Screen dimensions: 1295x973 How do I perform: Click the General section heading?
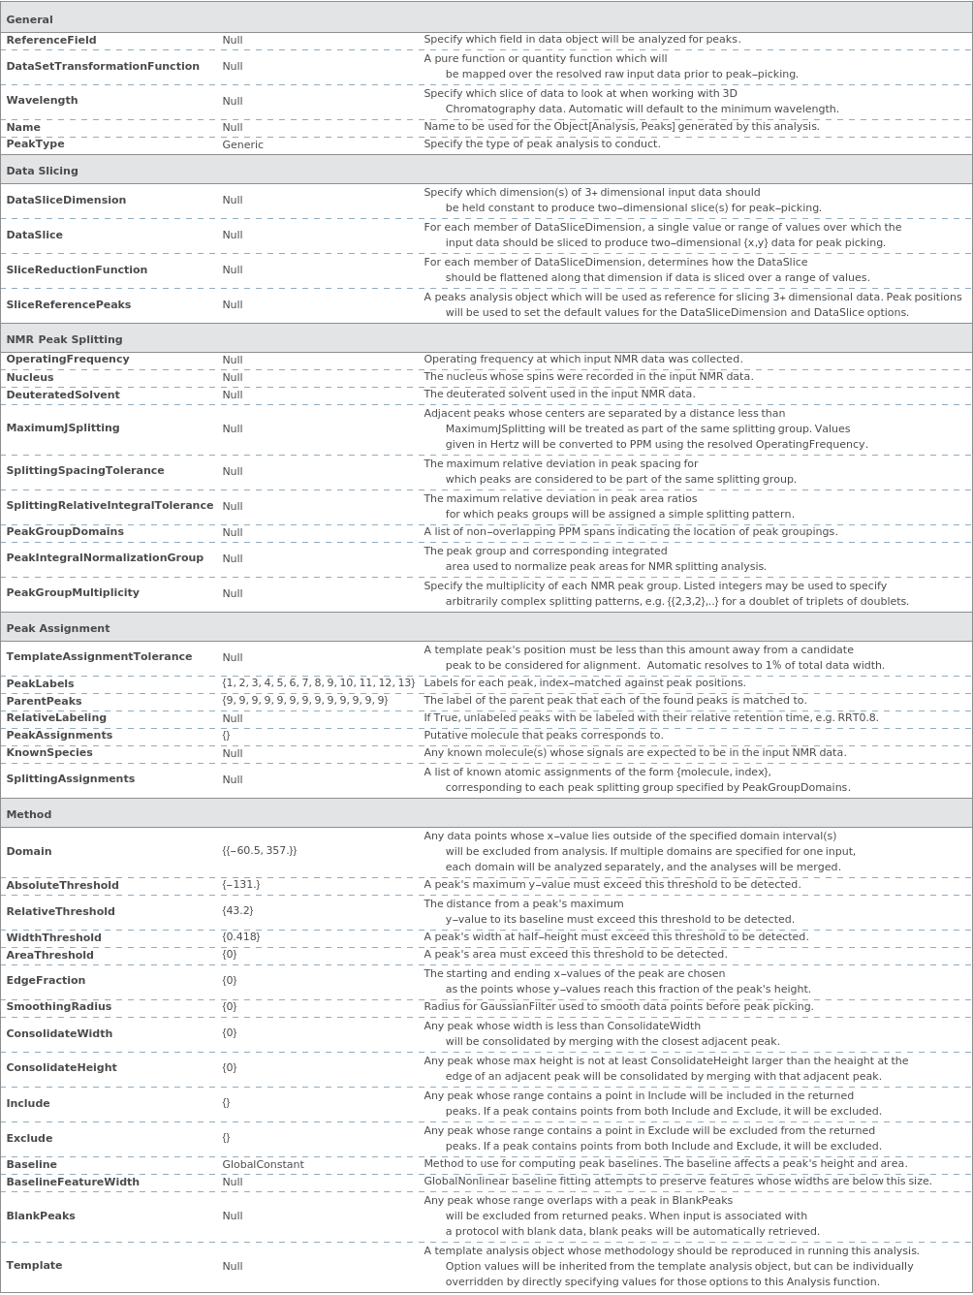click(x=30, y=19)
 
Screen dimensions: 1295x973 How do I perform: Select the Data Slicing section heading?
click(x=43, y=171)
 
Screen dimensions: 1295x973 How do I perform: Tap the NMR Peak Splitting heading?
click(x=65, y=339)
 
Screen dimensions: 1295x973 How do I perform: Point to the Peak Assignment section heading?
click(x=58, y=628)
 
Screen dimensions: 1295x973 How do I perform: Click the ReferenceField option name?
click(x=51, y=41)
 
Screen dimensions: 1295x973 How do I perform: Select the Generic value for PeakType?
click(x=242, y=144)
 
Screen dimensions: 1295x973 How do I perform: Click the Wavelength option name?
click(x=42, y=101)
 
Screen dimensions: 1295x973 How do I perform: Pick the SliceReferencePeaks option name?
click(x=69, y=304)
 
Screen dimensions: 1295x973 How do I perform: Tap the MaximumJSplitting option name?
click(x=63, y=428)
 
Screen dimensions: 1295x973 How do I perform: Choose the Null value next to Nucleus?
click(x=233, y=378)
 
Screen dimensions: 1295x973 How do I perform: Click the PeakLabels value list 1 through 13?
click(x=318, y=683)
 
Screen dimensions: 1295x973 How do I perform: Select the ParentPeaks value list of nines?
click(x=304, y=701)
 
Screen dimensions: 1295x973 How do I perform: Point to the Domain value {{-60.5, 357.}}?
click(x=260, y=851)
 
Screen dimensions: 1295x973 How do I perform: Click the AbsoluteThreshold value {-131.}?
click(x=241, y=885)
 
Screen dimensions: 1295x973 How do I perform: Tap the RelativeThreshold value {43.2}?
click(x=237, y=911)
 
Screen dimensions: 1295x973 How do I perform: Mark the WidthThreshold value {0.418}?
click(x=241, y=937)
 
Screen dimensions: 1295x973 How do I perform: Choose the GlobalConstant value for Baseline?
click(x=263, y=1165)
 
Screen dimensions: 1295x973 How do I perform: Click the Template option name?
click(x=34, y=1266)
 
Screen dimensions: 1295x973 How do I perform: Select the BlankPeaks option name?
click(x=41, y=1216)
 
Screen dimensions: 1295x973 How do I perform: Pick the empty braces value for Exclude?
click(x=227, y=1138)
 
